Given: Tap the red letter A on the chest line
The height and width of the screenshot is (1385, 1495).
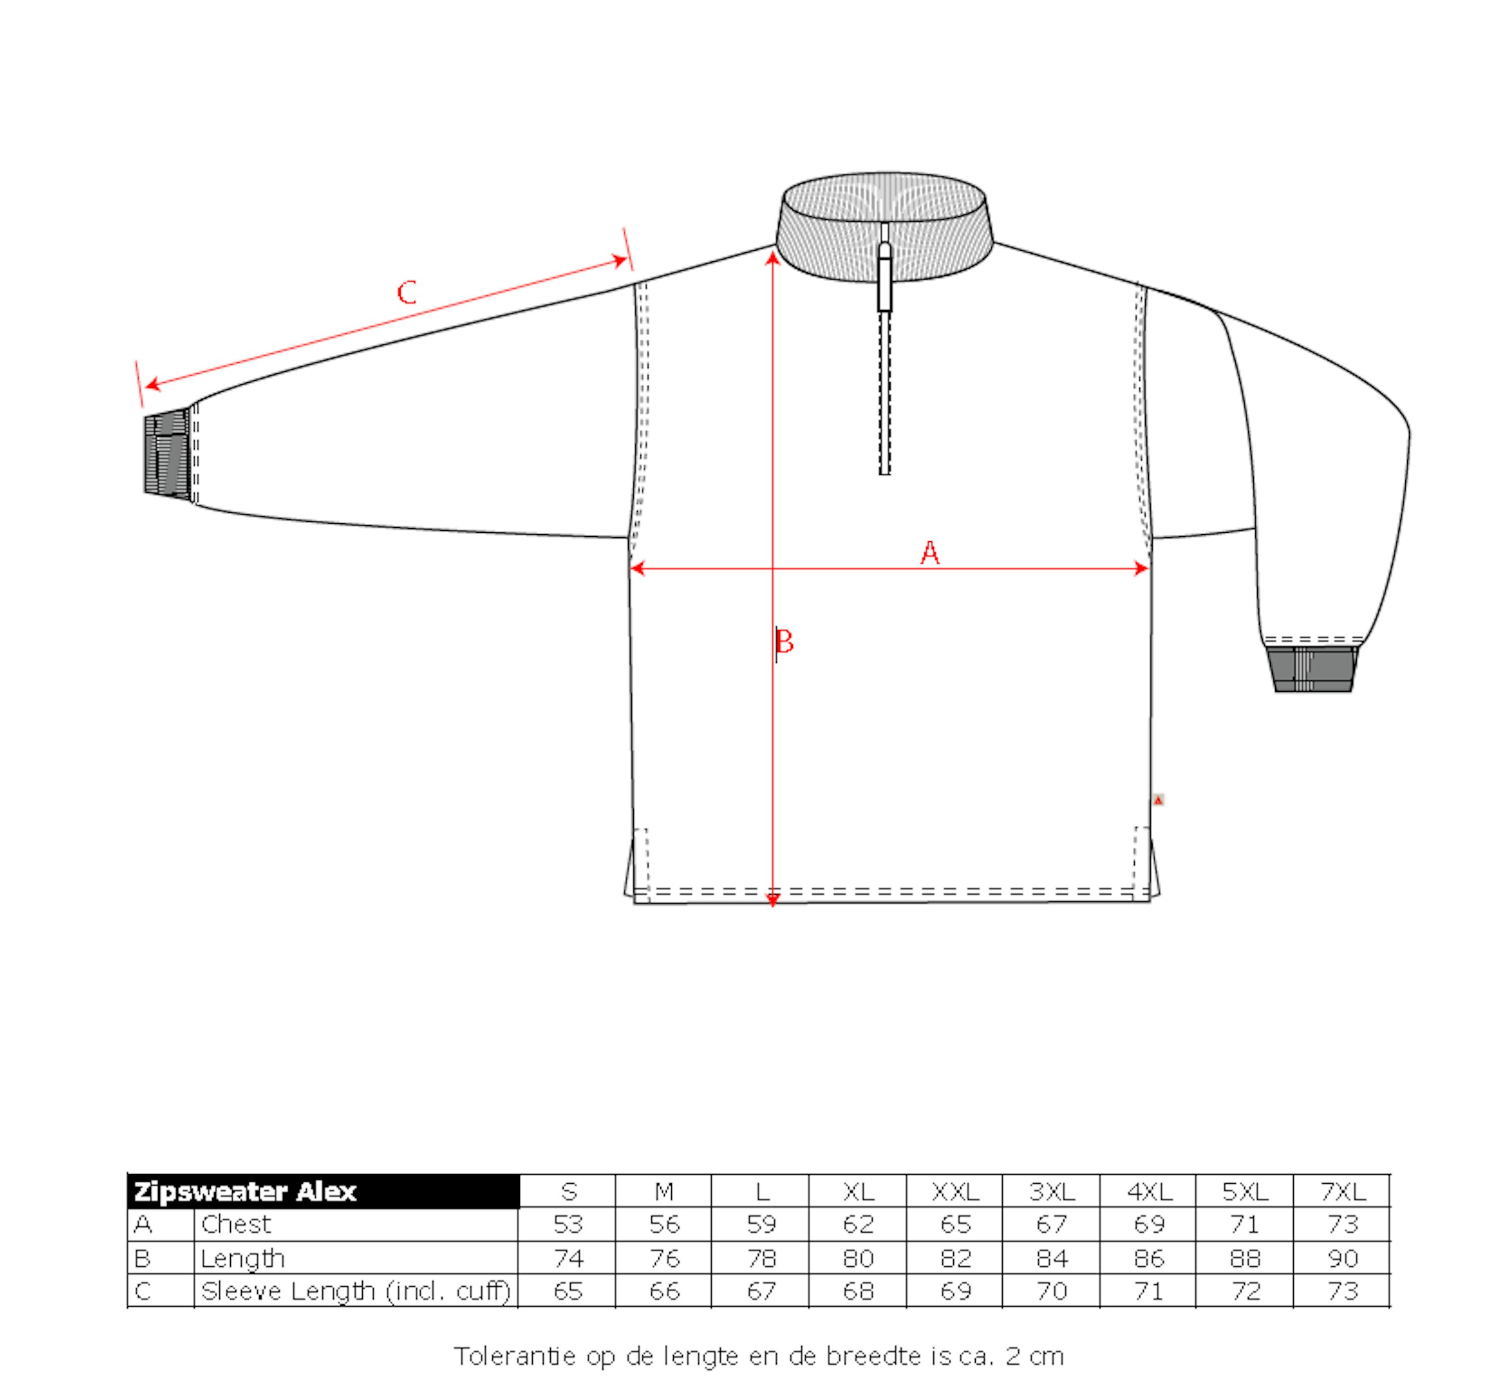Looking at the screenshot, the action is click(929, 553).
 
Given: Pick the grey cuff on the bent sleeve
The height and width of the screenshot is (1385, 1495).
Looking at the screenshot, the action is click(1312, 668).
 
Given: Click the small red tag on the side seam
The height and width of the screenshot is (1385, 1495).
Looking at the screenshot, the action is click(1159, 800).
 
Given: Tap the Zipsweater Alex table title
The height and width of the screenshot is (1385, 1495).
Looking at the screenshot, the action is click(245, 1192).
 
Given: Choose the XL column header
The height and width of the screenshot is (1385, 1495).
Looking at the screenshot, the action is click(858, 1192).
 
